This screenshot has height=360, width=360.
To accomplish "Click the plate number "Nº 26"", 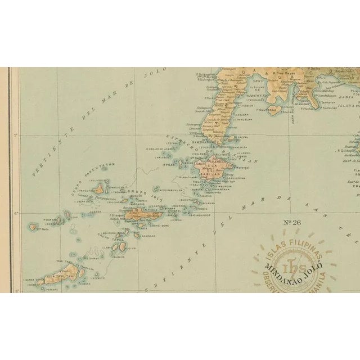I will [x=291, y=222].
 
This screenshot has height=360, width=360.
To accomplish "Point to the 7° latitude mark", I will [x=16, y=135].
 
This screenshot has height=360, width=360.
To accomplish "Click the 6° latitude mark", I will [x=16, y=213].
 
